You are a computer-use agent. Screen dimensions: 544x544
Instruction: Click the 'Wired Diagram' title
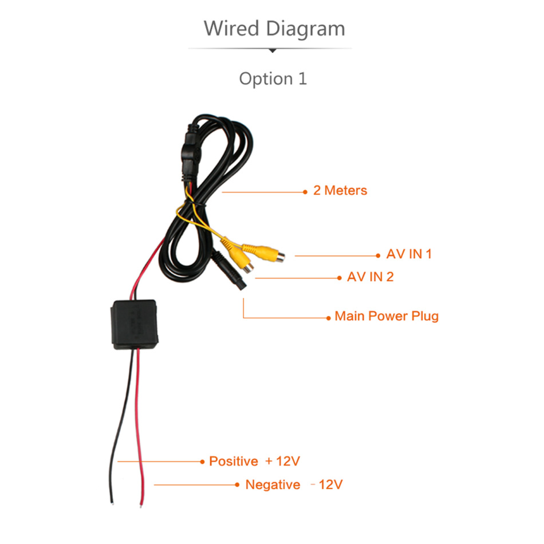274,29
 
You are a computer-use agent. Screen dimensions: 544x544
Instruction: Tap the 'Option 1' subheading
273,79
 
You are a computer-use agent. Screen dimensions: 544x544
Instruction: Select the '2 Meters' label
340,191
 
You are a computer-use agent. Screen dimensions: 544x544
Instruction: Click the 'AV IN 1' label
409,254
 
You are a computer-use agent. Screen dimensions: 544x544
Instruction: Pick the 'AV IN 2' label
370,277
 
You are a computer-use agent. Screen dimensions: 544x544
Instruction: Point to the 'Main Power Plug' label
387,316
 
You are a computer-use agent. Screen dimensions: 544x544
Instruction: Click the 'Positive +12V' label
254,461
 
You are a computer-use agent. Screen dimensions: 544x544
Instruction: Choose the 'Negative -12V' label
294,484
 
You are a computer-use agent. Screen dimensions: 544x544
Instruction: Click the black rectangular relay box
135,324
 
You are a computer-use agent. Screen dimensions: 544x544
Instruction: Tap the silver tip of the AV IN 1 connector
281,257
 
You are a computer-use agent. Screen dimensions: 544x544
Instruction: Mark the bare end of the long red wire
141,505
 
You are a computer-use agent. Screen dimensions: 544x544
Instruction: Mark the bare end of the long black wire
112,502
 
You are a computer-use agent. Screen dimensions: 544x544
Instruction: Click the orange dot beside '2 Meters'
305,192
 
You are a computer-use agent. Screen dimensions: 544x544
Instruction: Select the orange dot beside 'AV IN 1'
378,256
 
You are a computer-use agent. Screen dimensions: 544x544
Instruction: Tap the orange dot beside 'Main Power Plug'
328,318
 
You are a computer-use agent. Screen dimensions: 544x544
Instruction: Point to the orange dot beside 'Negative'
237,484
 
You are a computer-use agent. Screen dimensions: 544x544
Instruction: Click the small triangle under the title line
273,50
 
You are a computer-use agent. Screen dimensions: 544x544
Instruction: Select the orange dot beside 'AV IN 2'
340,278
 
